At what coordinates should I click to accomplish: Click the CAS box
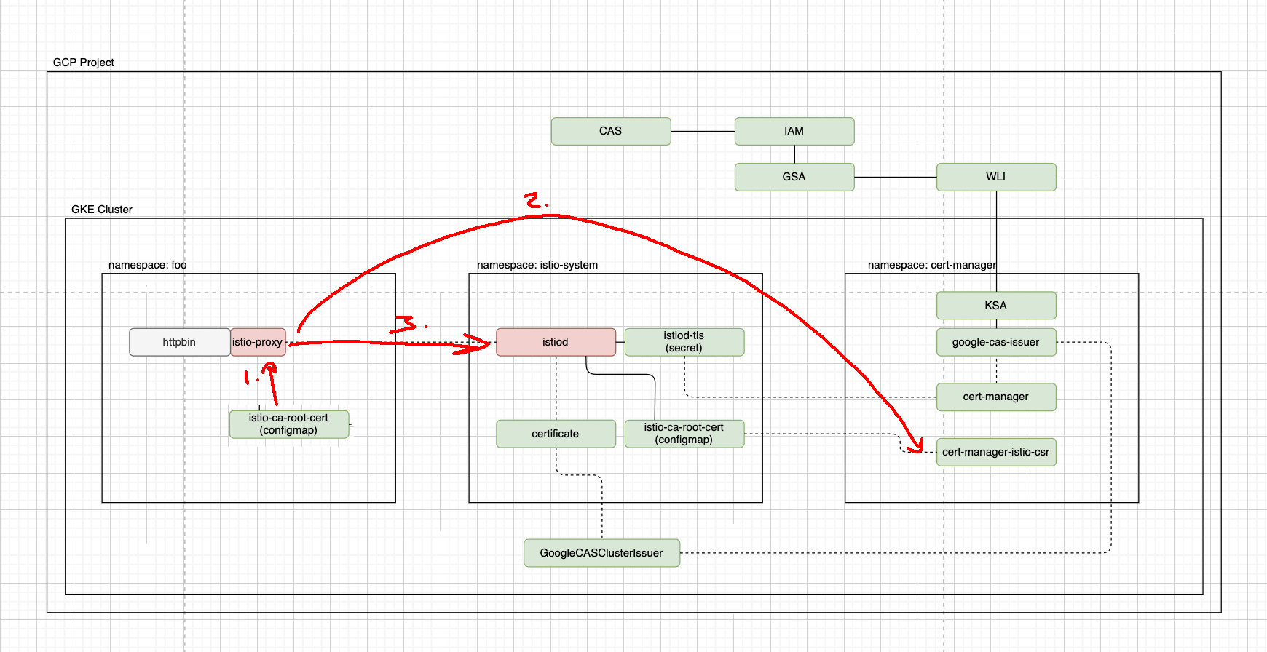tap(610, 131)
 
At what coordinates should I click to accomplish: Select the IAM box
tap(794, 131)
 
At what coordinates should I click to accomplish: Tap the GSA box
tap(794, 177)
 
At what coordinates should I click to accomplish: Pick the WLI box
tap(995, 177)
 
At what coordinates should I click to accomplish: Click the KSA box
tap(995, 306)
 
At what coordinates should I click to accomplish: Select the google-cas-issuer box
tap(995, 342)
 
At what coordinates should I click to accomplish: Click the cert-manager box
tap(995, 397)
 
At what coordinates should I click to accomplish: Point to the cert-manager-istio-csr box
tap(995, 452)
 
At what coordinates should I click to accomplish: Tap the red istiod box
tap(556, 342)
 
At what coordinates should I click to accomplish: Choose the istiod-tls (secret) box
tap(684, 342)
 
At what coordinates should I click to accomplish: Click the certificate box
tap(556, 434)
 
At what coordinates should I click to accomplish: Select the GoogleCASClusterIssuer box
tap(601, 553)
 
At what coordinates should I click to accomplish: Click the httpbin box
tap(179, 342)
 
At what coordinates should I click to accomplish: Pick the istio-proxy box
tap(258, 342)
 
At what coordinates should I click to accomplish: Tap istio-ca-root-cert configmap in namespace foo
tap(288, 424)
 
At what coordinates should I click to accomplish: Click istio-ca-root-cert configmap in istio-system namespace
tap(684, 434)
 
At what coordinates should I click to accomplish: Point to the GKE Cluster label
tap(102, 210)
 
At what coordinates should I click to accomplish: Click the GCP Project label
tap(83, 63)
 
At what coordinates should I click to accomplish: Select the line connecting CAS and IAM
tap(703, 132)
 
